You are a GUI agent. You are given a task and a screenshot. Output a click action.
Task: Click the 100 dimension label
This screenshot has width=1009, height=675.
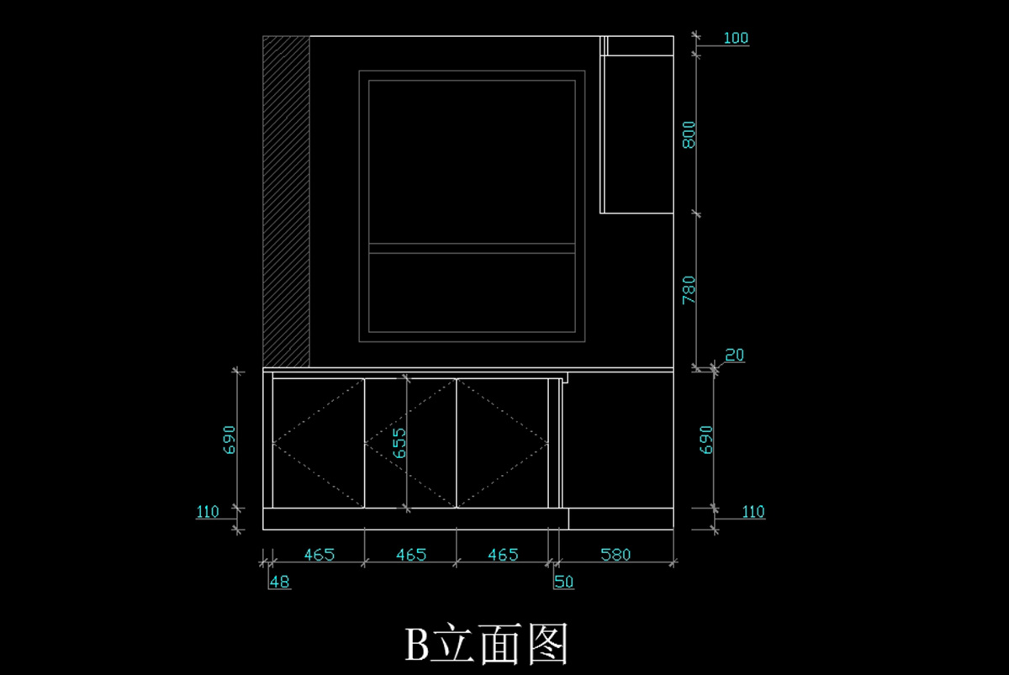point(735,39)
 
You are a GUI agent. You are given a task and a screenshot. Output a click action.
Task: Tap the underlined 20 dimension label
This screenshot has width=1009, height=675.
point(734,356)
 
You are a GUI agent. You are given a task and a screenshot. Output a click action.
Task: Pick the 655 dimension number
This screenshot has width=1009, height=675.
point(399,443)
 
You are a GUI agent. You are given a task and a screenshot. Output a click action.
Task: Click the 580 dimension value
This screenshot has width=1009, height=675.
point(615,555)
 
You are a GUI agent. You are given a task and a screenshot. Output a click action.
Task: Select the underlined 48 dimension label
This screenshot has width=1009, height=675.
point(280,582)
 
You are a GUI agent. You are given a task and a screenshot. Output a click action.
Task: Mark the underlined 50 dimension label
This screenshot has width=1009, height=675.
point(563,582)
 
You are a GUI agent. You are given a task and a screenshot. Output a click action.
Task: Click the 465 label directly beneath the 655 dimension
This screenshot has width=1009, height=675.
point(410,555)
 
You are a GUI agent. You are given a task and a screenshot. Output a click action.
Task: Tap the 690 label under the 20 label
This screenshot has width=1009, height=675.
point(706,440)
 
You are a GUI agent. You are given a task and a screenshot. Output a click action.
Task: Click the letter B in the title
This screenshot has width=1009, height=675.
point(418,646)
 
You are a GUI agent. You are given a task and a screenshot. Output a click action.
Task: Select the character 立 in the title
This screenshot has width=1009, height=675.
point(456,646)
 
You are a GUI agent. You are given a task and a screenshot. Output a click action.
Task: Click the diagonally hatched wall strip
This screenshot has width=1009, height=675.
point(286,202)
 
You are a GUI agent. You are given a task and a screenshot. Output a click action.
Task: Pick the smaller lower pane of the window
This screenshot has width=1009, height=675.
point(472,291)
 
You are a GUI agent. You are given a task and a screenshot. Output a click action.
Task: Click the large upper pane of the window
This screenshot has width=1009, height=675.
point(472,161)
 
